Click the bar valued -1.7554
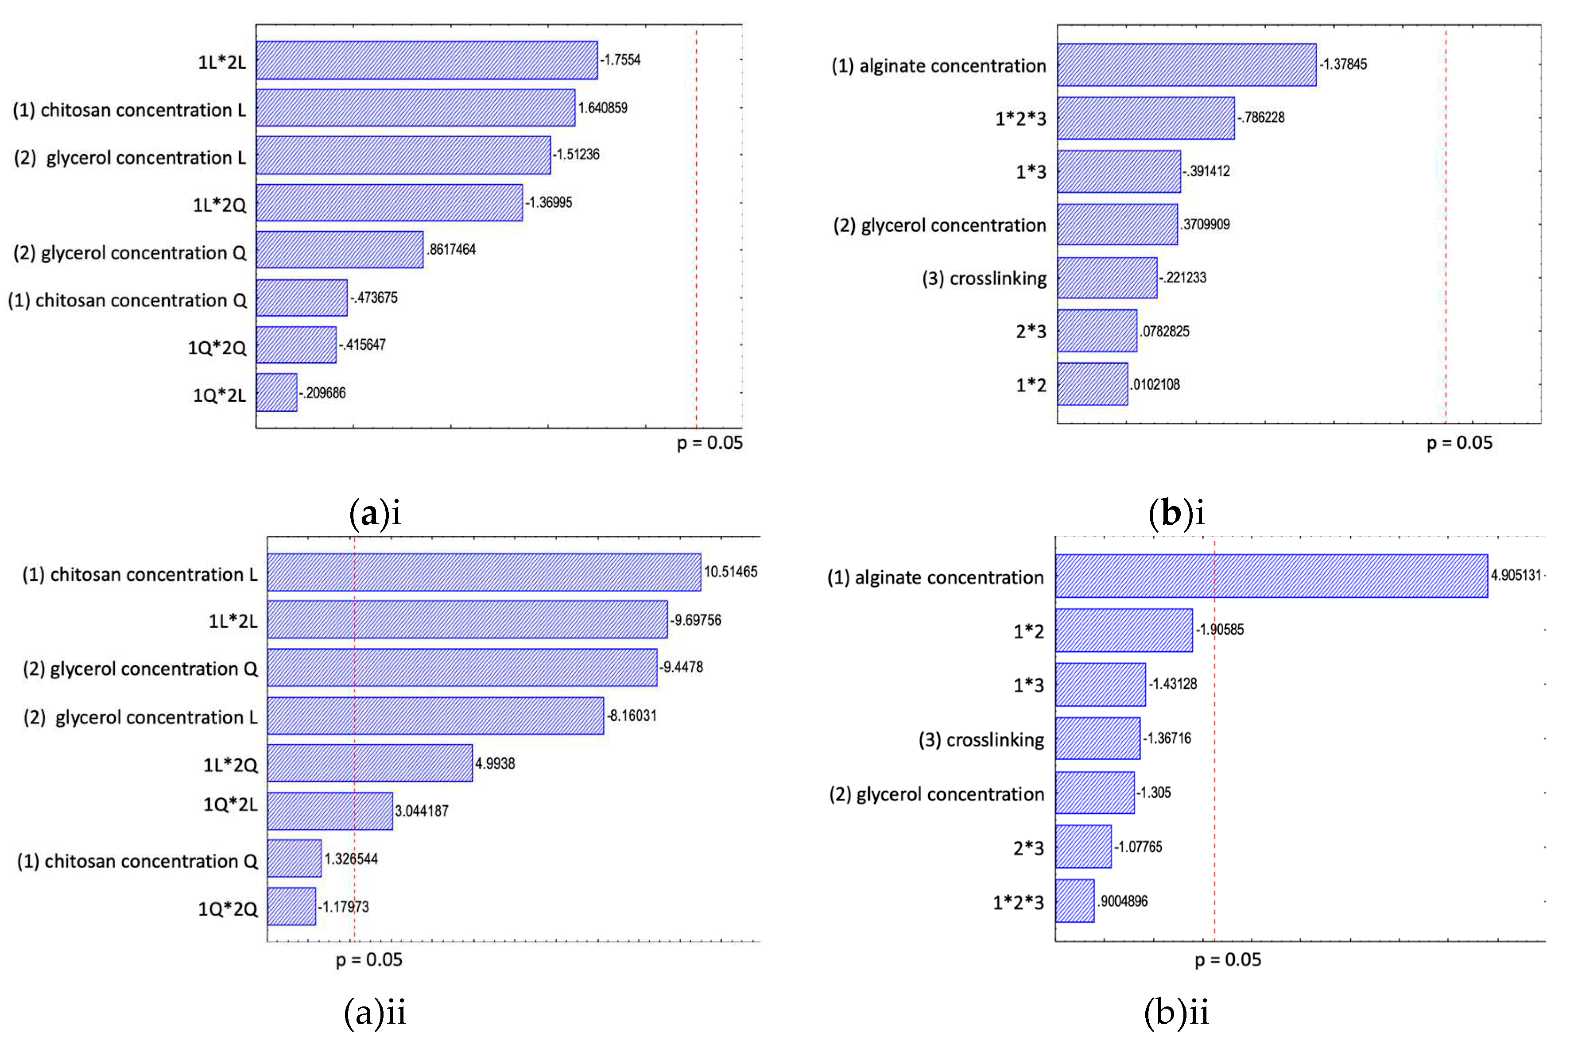(426, 60)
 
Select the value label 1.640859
(602, 108)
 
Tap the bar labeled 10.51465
(484, 572)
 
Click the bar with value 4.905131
(1271, 576)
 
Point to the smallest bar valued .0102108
(1092, 384)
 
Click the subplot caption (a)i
(375, 514)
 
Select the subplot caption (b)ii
(1176, 1013)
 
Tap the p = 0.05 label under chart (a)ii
(369, 960)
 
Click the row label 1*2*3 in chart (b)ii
(1018, 902)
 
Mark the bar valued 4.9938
(369, 763)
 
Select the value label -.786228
(1261, 118)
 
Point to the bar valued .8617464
(339, 250)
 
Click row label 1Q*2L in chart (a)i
(219, 395)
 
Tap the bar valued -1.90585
(1123, 630)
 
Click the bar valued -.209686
(276, 392)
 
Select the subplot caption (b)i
(1176, 514)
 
